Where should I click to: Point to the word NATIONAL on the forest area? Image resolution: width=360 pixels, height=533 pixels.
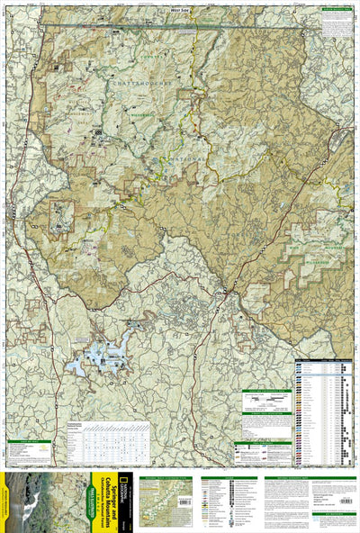tap(184, 162)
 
